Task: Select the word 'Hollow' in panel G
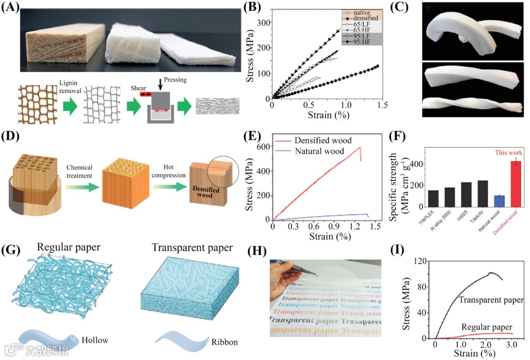95,339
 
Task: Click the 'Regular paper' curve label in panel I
487,326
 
